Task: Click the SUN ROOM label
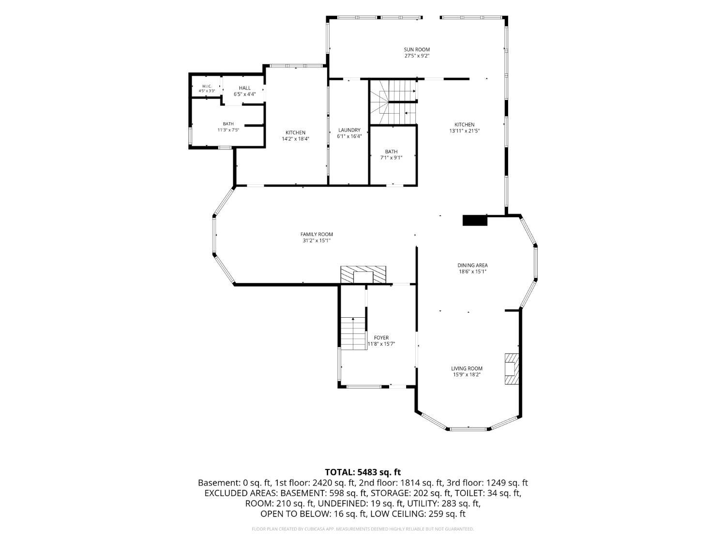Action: pyautogui.click(x=417, y=49)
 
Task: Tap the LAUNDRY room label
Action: pyautogui.click(x=349, y=130)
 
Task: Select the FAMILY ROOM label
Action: pyautogui.click(x=317, y=235)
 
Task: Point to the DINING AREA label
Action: pyautogui.click(x=472, y=265)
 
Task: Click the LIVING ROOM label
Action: pyautogui.click(x=467, y=368)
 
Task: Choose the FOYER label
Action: pyautogui.click(x=381, y=338)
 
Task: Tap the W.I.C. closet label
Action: pyautogui.click(x=207, y=86)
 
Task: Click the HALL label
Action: pyautogui.click(x=245, y=88)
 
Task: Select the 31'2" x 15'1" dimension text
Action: pyautogui.click(x=317, y=241)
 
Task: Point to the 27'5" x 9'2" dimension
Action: pyautogui.click(x=417, y=56)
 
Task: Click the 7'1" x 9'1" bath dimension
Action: pyautogui.click(x=391, y=158)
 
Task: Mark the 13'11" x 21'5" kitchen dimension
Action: pyautogui.click(x=464, y=131)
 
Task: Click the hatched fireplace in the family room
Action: pyautogui.click(x=363, y=275)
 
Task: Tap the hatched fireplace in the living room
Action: pyautogui.click(x=512, y=369)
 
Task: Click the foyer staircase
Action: pyautogui.click(x=353, y=333)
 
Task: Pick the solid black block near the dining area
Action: pyautogui.click(x=475, y=221)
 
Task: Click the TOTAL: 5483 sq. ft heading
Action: pyautogui.click(x=363, y=471)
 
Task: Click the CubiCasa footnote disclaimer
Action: pyautogui.click(x=363, y=529)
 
